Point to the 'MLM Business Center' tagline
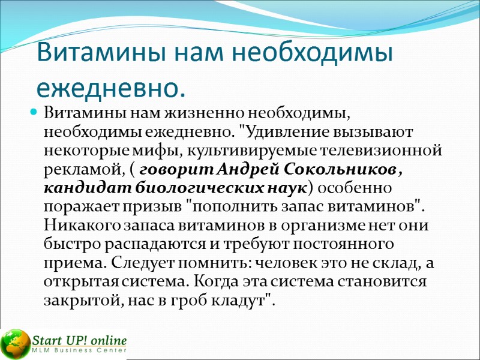(80, 350)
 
